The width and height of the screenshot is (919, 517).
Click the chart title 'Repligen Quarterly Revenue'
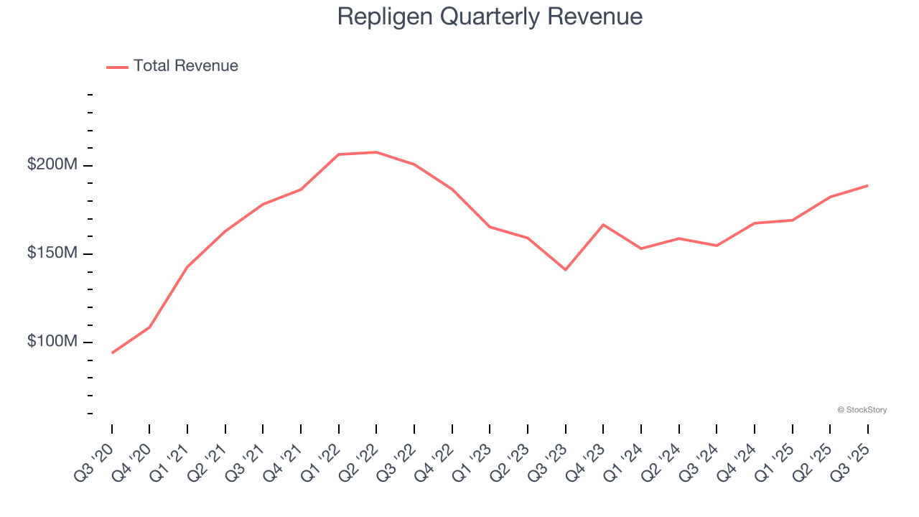pos(490,17)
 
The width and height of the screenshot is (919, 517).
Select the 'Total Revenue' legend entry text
pos(185,66)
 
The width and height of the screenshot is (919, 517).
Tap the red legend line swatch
pos(117,67)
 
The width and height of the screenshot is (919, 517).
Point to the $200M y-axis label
pos(52,164)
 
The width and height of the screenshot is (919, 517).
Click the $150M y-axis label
pos(52,253)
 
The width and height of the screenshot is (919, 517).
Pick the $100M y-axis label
pos(52,341)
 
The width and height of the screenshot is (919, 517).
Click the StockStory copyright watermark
pos(862,410)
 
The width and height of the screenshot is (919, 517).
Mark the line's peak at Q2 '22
pos(376,152)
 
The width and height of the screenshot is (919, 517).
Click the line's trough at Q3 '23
pos(566,270)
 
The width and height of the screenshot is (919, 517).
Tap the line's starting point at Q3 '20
pos(112,353)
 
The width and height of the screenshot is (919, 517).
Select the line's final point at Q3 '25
pos(868,185)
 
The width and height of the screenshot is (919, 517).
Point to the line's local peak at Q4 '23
pos(603,225)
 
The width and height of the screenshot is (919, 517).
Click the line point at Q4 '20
pos(149,327)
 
